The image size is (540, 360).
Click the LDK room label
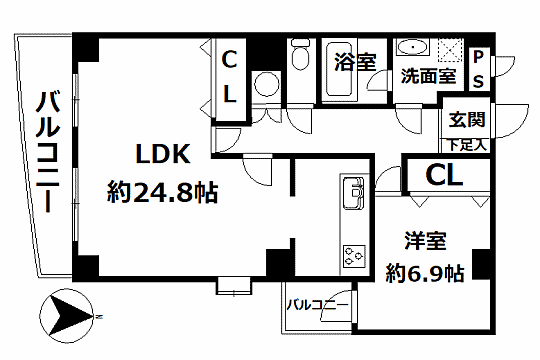(163, 156)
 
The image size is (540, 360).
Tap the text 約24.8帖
(164, 190)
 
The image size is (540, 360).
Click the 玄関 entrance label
(467, 121)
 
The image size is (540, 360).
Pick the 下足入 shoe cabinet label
(467, 144)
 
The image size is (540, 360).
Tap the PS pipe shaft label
(479, 68)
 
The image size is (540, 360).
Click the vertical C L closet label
(228, 77)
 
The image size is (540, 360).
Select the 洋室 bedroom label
(424, 241)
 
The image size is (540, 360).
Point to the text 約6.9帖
(425, 270)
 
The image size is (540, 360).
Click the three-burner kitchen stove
(355, 254)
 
